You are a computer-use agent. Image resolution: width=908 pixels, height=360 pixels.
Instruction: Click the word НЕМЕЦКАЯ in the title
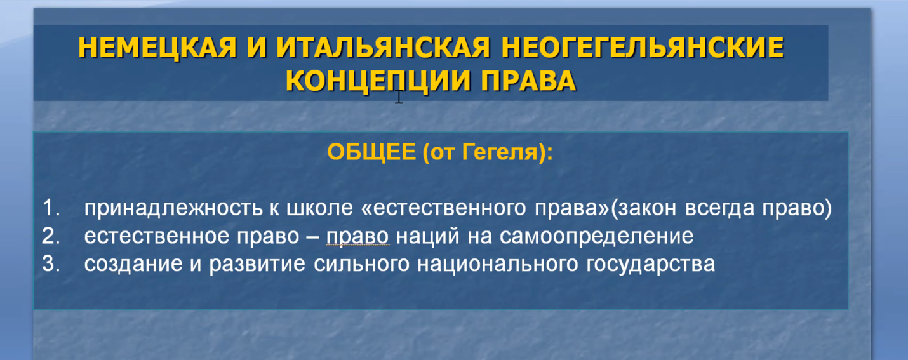(157, 48)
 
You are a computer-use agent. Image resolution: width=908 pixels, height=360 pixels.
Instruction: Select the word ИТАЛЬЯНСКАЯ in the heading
(384, 48)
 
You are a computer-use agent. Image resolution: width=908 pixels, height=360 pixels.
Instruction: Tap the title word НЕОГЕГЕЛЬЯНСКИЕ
(643, 48)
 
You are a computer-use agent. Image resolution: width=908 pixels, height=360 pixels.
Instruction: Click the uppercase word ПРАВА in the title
(528, 81)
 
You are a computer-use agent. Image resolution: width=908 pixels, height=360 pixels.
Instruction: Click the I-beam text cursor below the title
(399, 97)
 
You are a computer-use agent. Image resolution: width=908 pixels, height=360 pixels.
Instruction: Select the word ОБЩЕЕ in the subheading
(371, 152)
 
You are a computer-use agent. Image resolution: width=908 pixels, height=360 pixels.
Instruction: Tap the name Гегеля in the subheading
(499, 152)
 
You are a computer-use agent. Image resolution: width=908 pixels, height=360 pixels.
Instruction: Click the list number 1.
(51, 208)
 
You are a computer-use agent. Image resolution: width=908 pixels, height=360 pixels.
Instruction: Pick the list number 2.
(51, 236)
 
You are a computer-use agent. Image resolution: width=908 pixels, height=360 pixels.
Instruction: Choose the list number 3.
(51, 263)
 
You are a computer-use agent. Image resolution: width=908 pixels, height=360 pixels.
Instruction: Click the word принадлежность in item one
(173, 208)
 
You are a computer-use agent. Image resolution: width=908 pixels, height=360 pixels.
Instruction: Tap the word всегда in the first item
(720, 208)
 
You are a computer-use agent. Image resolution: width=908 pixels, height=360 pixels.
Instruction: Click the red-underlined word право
(357, 237)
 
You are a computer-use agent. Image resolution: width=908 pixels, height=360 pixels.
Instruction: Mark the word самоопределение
(596, 237)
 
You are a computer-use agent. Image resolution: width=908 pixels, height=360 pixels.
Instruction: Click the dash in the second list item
(312, 237)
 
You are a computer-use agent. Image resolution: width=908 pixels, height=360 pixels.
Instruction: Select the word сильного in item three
(361, 264)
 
